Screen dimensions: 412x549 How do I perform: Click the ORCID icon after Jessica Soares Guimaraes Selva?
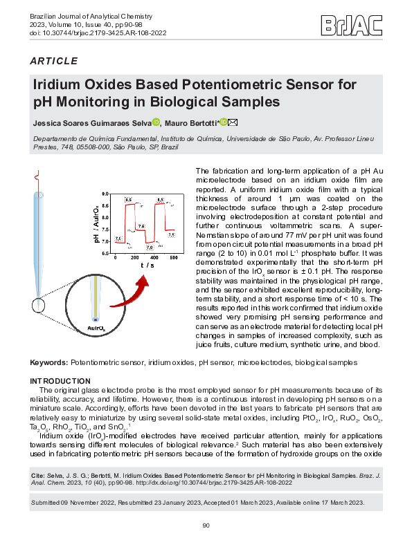point(156,122)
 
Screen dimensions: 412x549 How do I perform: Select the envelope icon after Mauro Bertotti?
point(233,122)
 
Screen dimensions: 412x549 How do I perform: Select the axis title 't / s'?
point(147,266)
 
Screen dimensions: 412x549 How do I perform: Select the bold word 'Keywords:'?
point(49,362)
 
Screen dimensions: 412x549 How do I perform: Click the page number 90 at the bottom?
point(206,526)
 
